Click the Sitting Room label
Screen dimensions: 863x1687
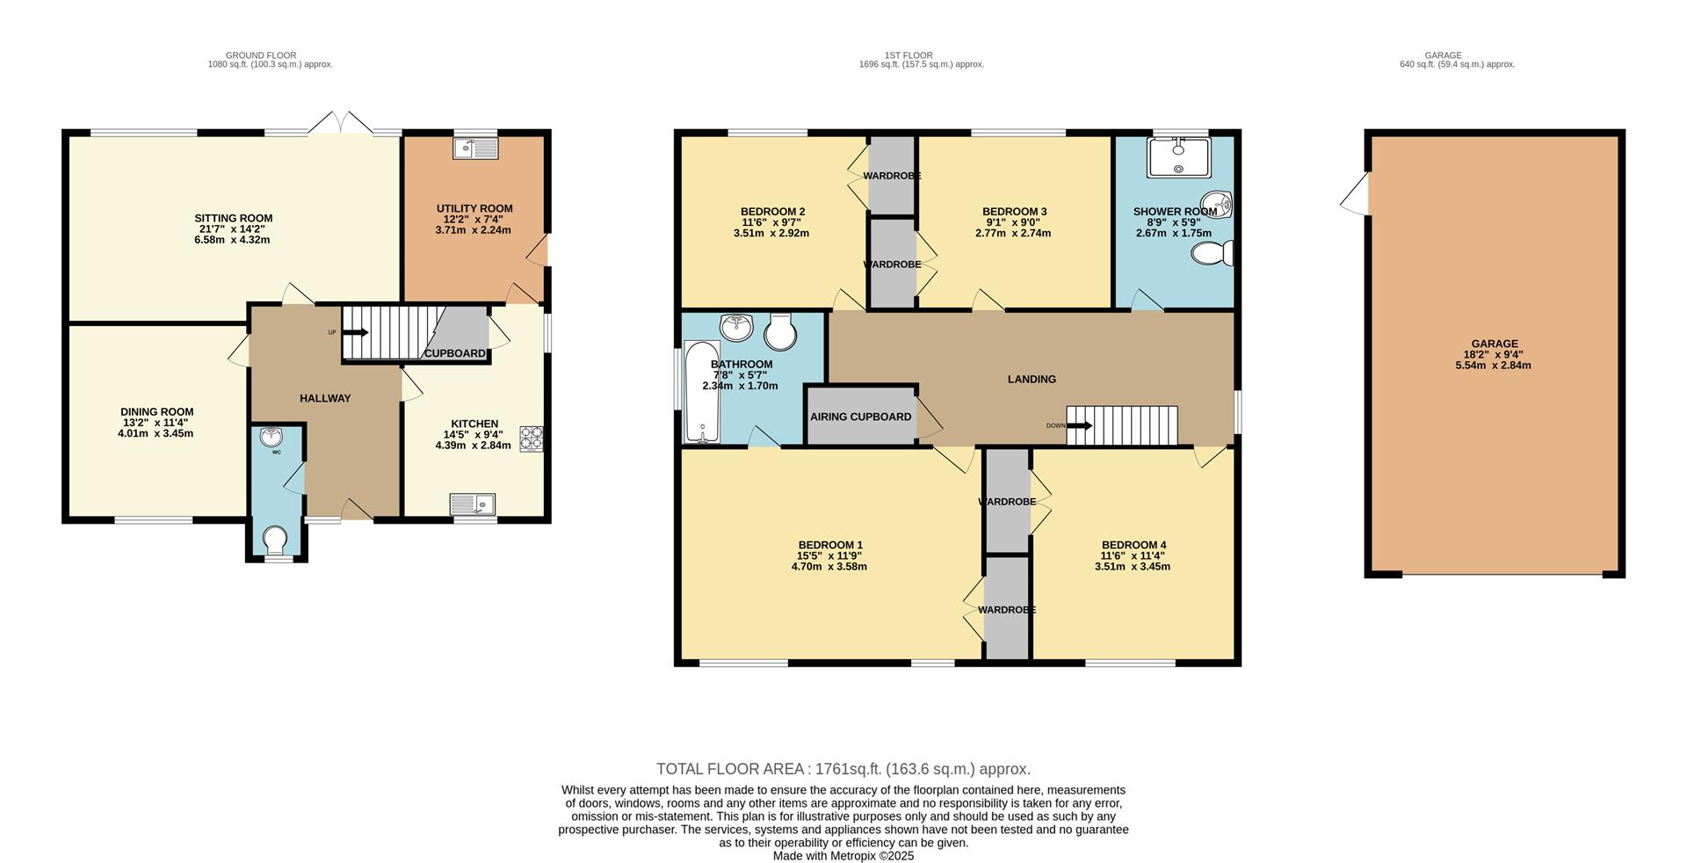233,218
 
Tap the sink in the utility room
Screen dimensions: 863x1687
475,149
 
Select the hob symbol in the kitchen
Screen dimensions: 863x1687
532,439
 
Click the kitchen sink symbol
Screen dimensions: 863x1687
473,504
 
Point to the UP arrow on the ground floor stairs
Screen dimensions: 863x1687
356,332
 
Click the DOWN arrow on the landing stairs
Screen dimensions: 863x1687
1080,426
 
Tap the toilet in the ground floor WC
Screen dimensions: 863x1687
275,539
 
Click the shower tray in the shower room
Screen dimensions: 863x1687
1178,158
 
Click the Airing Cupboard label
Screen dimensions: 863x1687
860,417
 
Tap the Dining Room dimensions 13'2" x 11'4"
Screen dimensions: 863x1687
156,423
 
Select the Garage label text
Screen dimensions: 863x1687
1495,344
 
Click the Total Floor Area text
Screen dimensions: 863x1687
843,769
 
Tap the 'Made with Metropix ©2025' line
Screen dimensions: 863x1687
843,855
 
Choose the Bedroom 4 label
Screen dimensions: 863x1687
1133,545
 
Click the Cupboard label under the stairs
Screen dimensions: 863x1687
454,353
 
